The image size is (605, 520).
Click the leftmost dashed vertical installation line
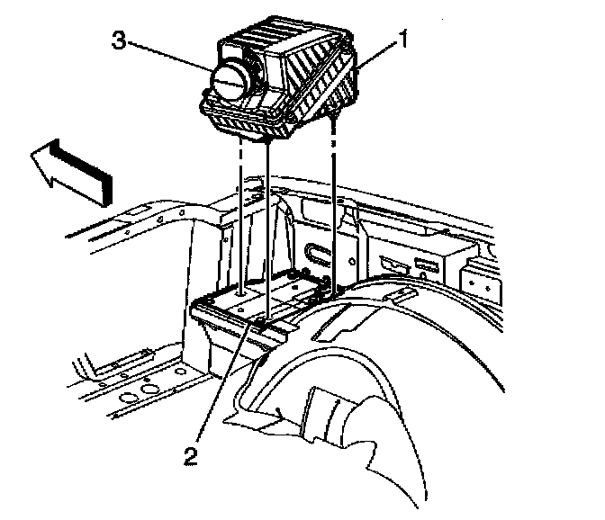(241, 216)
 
